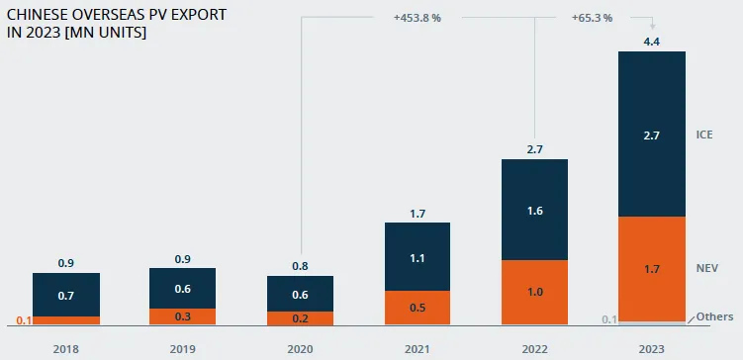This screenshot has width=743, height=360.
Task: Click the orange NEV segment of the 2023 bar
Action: coord(652,269)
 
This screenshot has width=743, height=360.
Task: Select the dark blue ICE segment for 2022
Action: coord(534,210)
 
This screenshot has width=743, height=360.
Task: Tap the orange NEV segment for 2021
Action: coord(417,308)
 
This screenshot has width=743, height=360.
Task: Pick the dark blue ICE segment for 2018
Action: coord(66,295)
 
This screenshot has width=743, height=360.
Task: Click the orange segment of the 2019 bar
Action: coord(182,316)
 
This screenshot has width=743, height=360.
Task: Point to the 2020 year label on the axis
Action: coord(300,349)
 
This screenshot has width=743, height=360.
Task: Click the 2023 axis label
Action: coord(652,349)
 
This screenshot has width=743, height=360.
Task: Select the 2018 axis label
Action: coord(66,349)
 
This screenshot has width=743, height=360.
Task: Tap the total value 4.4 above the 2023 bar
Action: coord(652,42)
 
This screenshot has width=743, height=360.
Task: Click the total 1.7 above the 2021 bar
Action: coord(418,214)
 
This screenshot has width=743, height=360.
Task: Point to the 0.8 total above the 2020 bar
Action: coord(300,266)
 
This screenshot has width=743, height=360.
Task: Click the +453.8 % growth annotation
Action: coord(417,19)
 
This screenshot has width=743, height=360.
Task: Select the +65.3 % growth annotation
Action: coord(592,19)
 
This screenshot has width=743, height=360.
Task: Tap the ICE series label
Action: coord(704,135)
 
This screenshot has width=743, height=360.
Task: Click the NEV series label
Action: coord(707,269)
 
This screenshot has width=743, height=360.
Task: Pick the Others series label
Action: coord(714,316)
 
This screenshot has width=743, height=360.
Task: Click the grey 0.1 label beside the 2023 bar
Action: coord(609,319)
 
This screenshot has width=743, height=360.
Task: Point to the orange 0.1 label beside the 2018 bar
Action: coord(24,320)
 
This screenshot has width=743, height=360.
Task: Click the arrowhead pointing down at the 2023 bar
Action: coord(652,27)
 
